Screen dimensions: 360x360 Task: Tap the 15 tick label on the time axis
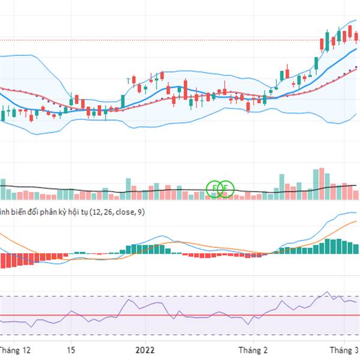pyautogui.click(x=71, y=349)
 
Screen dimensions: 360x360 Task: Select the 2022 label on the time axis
pyautogui.click(x=146, y=349)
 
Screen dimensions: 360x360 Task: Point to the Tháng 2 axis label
pyautogui.click(x=253, y=349)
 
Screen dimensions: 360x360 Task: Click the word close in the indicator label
pyautogui.click(x=122, y=212)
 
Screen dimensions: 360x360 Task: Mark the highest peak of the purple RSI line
pyautogui.click(x=327, y=292)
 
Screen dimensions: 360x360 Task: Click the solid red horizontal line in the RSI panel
pyautogui.click(x=180, y=315)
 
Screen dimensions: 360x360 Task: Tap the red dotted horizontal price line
pyautogui.click(x=180, y=40)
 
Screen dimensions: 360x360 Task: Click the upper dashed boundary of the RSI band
pyautogui.click(x=180, y=296)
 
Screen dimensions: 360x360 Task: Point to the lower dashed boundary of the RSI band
pyautogui.click(x=180, y=335)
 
